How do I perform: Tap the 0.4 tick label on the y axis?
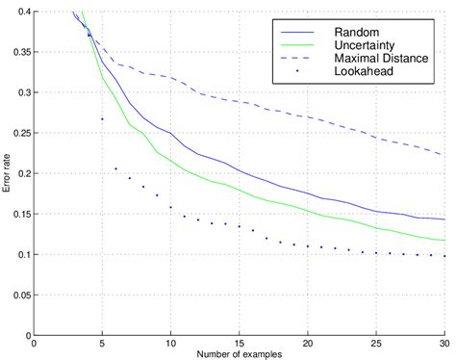point(22,13)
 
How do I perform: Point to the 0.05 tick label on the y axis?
point(19,296)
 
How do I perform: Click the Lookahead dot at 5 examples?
point(102,119)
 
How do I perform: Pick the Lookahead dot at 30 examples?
point(444,256)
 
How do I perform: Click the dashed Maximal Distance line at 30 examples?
point(443,155)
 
